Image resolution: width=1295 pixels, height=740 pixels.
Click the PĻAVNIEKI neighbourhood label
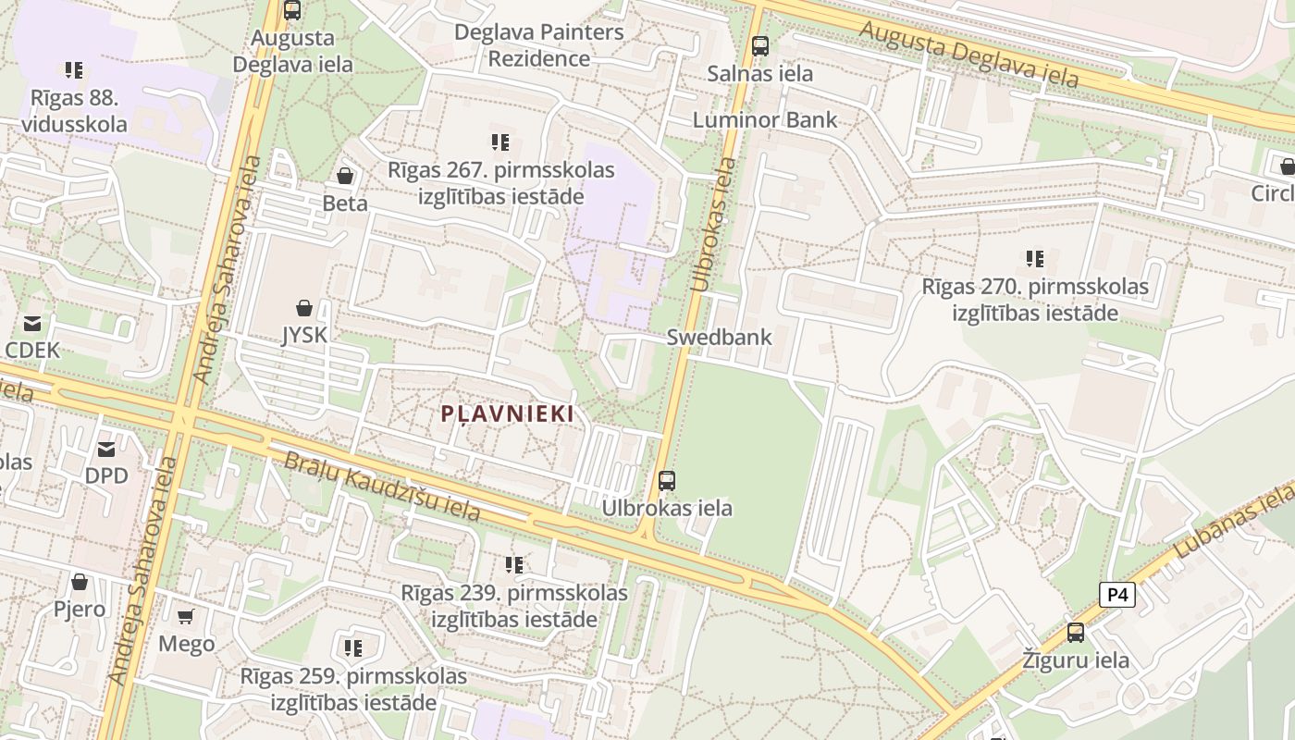[507, 413]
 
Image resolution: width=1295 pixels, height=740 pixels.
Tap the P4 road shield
[1116, 595]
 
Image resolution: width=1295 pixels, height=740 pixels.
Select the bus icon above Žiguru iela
[1076, 633]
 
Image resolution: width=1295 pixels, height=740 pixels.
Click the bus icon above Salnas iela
[760, 45]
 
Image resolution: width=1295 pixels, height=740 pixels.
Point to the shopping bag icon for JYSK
[304, 307]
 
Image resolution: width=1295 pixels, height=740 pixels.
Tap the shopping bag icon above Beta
[345, 176]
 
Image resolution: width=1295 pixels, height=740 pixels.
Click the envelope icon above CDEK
[32, 323]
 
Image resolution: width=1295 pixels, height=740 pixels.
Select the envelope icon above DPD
[106, 449]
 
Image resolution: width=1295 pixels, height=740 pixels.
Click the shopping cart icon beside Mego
[186, 616]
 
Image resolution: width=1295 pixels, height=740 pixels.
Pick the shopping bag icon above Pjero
[80, 582]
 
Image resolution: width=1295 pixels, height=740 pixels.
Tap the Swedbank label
[720, 337]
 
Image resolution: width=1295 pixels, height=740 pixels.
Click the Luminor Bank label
[765, 119]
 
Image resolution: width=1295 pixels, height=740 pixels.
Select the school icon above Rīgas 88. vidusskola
[74, 69]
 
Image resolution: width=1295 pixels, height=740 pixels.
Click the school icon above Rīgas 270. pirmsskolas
[1034, 259]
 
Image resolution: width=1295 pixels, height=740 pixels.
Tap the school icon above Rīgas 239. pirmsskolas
[514, 564]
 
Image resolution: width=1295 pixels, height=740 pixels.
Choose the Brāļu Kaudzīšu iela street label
[381, 487]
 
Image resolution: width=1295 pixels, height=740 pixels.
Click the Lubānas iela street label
[1235, 524]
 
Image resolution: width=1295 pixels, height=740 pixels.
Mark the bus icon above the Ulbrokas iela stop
[667, 481]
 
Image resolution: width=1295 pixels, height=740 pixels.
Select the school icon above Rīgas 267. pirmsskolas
[500, 142]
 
